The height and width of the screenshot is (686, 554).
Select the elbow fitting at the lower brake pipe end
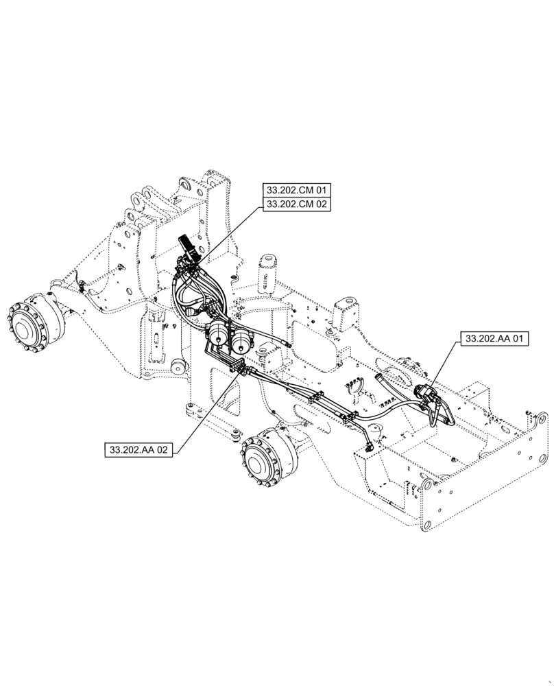click(x=371, y=446)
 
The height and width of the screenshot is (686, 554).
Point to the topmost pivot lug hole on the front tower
click(x=183, y=184)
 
